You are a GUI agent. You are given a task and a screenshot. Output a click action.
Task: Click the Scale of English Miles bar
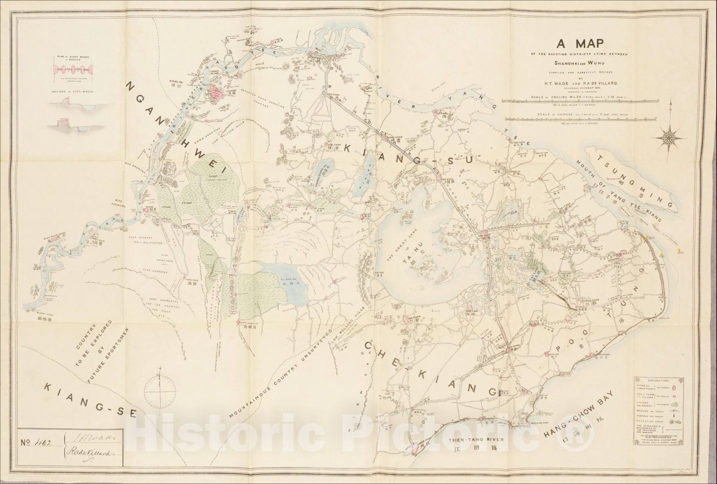[582, 101]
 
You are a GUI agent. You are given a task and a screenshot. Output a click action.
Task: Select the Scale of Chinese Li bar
[582, 119]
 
